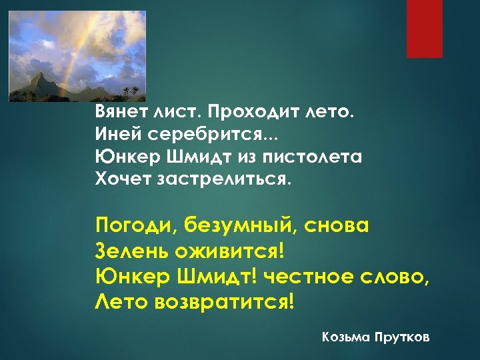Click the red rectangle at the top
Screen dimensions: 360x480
pos(425,29)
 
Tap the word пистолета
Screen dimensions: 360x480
pos(313,157)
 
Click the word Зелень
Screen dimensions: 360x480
pos(131,251)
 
